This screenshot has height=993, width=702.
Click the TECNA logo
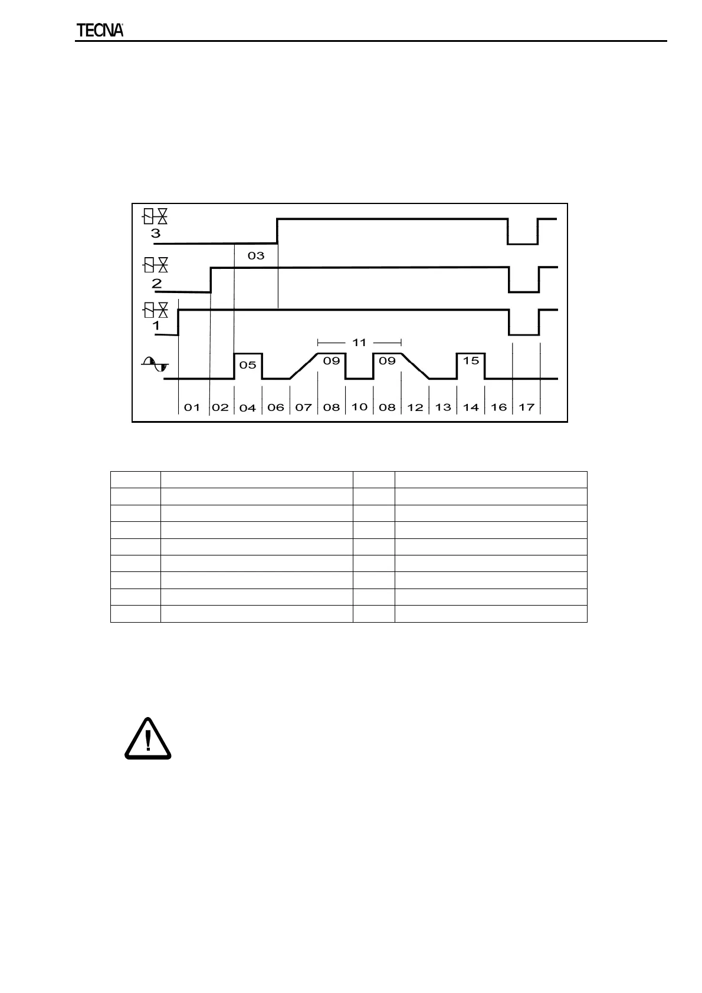click(x=100, y=31)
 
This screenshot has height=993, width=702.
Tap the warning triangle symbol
click(x=147, y=738)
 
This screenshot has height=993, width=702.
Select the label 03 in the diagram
click(x=256, y=256)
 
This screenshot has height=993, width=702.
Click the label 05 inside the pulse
click(x=248, y=365)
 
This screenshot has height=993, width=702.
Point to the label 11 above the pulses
click(x=359, y=342)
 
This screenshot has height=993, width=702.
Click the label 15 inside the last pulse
click(x=471, y=360)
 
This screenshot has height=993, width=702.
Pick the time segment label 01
click(x=192, y=407)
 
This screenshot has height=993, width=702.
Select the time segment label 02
click(x=220, y=407)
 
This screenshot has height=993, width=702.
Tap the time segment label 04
click(x=248, y=407)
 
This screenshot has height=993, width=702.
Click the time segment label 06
click(x=275, y=407)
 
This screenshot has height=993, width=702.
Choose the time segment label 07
click(x=303, y=407)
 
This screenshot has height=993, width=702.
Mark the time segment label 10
click(x=359, y=407)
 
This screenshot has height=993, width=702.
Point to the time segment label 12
click(x=415, y=407)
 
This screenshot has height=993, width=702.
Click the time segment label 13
click(x=443, y=407)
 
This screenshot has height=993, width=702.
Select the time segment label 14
click(x=471, y=407)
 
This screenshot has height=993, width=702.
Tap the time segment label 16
click(x=498, y=407)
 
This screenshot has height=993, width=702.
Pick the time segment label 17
click(x=526, y=407)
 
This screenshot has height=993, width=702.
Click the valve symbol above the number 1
click(x=156, y=310)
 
